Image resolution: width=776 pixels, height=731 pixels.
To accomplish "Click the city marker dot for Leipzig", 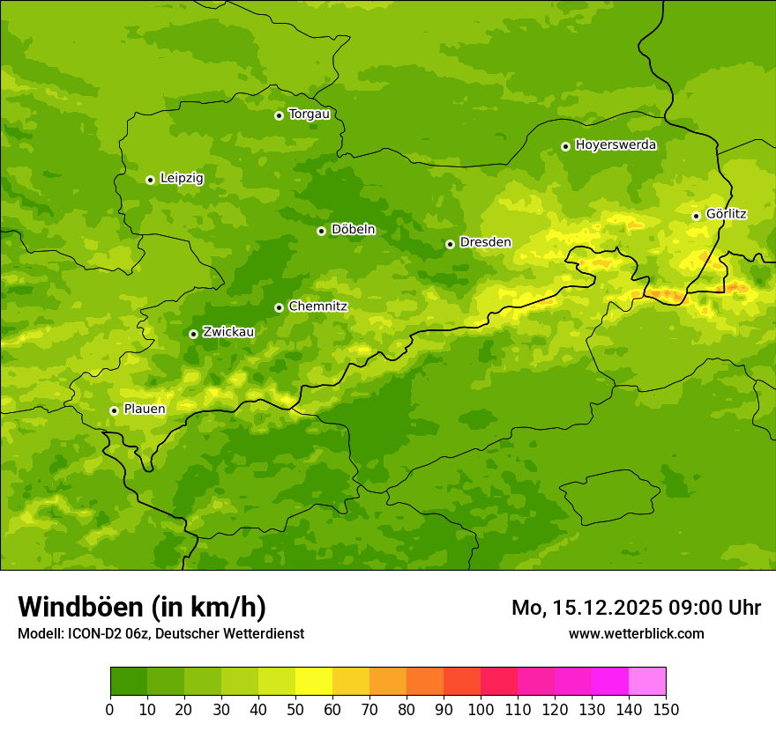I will click(150, 180).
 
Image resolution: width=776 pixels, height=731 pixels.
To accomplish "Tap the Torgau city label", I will click(309, 114).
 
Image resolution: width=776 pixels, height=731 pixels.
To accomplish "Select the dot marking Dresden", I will click(450, 244).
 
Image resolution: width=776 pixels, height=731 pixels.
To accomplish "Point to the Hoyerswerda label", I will click(616, 145).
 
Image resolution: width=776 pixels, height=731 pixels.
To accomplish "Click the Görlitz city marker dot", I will click(696, 216).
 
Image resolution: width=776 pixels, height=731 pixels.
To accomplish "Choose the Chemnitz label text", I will click(317, 306).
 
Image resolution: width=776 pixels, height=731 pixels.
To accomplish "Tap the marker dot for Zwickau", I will click(193, 334).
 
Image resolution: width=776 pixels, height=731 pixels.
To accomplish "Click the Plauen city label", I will click(145, 410).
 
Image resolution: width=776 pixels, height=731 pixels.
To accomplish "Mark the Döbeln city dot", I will click(321, 231).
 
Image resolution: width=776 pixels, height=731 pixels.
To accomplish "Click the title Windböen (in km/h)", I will click(142, 608).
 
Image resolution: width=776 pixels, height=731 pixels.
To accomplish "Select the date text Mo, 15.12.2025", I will click(586, 608).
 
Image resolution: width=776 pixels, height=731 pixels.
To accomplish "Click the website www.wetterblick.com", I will click(636, 633).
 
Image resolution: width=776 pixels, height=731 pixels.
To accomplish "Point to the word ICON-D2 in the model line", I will click(91, 633).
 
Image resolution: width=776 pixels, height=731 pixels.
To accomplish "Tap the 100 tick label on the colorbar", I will click(481, 709).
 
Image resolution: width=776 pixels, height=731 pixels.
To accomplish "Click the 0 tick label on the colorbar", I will click(110, 709).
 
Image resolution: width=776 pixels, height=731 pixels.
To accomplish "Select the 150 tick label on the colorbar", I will click(666, 709).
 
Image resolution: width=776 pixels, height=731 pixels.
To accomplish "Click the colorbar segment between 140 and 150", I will click(647, 682).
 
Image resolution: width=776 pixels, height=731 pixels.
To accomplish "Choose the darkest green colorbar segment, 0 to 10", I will click(129, 682).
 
